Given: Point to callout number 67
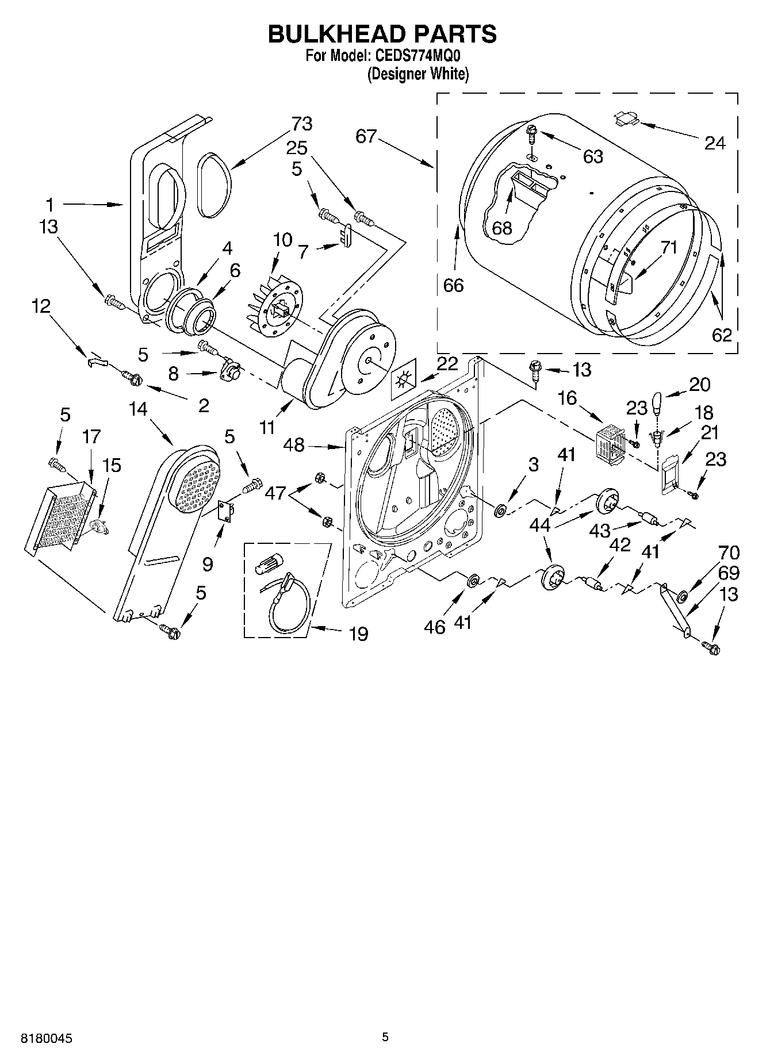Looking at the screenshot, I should coord(366,136).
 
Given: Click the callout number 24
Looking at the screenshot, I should coord(715,143).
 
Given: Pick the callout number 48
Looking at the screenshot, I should coord(294,444).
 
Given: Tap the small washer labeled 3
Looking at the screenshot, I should coord(500,509).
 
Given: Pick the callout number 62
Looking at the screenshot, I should coord(721,334).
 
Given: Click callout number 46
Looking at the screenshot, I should coord(435,626).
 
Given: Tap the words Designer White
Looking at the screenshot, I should coord(418,74).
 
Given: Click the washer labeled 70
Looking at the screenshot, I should coord(683,595).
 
